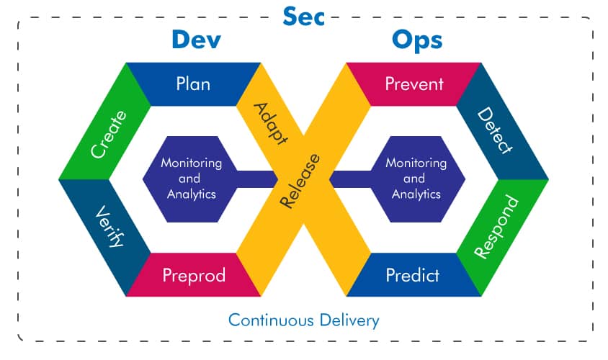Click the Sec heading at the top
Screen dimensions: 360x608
click(x=303, y=16)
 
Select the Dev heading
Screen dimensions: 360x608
click(x=195, y=40)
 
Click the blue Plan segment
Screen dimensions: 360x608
click(x=193, y=84)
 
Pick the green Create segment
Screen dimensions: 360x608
click(x=108, y=133)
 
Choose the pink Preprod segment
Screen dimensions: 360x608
click(x=193, y=275)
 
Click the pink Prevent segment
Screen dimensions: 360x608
click(x=414, y=84)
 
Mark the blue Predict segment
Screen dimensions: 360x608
click(x=412, y=275)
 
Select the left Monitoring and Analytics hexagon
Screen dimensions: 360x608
click(x=191, y=179)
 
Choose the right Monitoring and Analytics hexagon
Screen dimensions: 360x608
click(x=416, y=179)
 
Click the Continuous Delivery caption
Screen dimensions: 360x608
click(x=303, y=320)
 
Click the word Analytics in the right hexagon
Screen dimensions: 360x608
click(x=416, y=194)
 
